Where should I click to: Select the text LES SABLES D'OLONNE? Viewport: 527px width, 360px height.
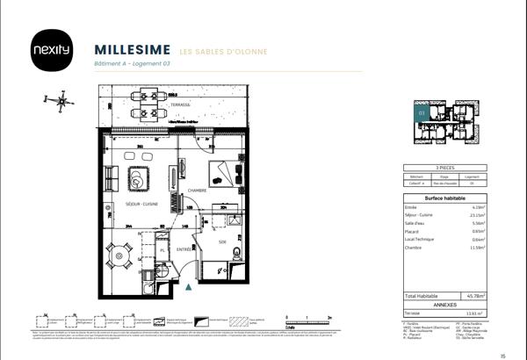[223, 50]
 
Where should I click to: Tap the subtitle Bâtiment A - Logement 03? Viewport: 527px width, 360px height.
[131, 65]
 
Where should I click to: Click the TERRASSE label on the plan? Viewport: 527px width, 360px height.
[181, 104]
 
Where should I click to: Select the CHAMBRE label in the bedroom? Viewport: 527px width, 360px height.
[197, 191]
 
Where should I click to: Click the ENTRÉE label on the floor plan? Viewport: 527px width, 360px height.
[184, 249]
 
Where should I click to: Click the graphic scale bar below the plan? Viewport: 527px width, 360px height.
[307, 318]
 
